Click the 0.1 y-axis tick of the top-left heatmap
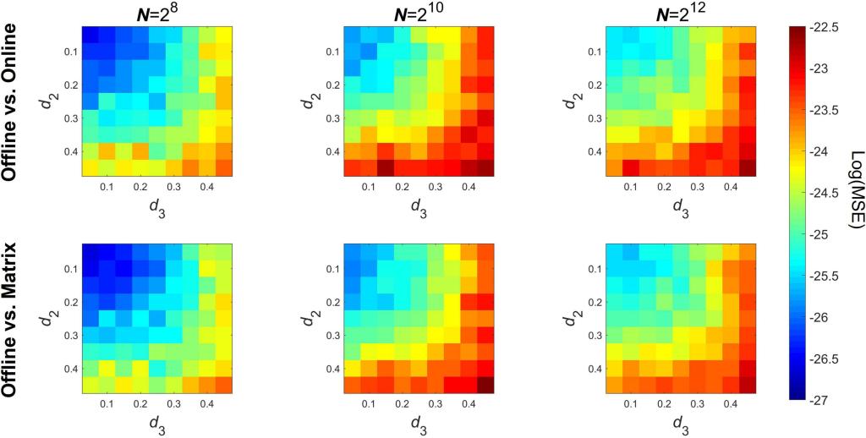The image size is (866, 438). tap(71, 52)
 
